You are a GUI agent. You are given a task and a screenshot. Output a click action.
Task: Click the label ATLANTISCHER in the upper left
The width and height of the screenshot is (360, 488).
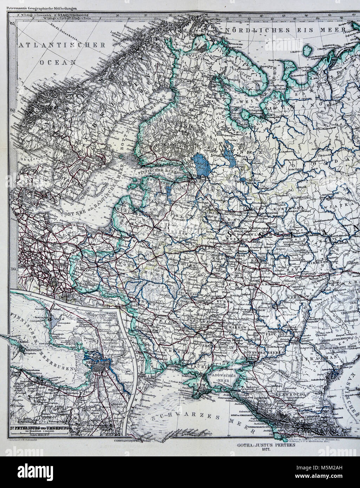(x=62, y=45)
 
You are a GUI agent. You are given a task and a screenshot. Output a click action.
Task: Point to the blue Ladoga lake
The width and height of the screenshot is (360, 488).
(x=201, y=164)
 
